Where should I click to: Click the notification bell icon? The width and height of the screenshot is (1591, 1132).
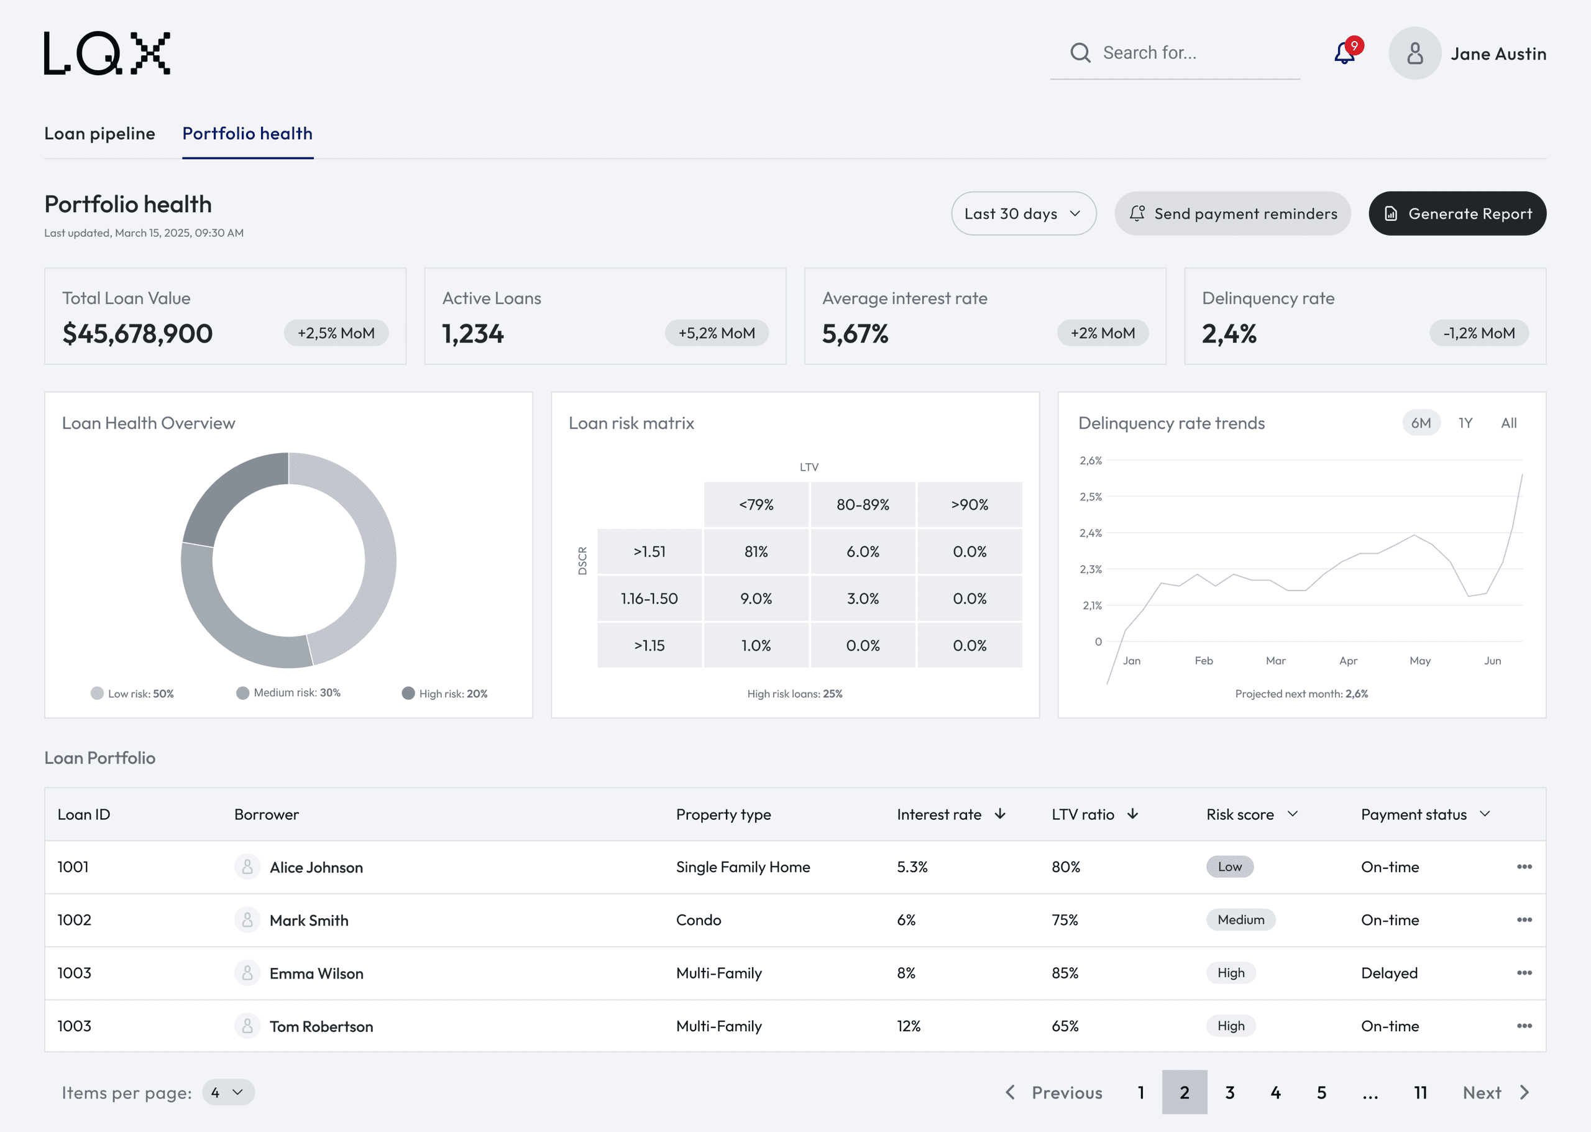pos(1344,53)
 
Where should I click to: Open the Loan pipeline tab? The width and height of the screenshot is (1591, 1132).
pos(99,133)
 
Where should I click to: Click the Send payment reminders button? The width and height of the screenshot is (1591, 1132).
pos(1232,213)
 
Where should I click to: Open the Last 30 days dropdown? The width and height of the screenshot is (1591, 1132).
pos(1023,213)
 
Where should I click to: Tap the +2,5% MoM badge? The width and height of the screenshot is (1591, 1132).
pos(336,333)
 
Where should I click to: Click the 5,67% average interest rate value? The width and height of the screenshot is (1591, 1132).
pos(855,334)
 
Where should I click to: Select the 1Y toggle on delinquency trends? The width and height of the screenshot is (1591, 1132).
pos(1465,423)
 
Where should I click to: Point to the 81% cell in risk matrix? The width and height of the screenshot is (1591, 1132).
pos(756,551)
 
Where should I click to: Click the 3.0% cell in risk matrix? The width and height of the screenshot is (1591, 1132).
pos(863,599)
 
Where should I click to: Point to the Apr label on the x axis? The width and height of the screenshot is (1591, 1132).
pos(1348,661)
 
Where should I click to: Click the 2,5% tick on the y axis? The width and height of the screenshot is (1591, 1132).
pos(1091,497)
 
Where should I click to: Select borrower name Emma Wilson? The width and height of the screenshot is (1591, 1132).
pos(316,973)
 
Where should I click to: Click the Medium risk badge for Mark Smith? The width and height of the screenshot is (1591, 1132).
pos(1240,920)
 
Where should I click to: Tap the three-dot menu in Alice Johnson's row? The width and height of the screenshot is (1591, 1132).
pos(1524,867)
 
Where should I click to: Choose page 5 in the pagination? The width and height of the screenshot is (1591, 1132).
pos(1321,1092)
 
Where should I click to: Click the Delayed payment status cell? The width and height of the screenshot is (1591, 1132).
pos(1389,973)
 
